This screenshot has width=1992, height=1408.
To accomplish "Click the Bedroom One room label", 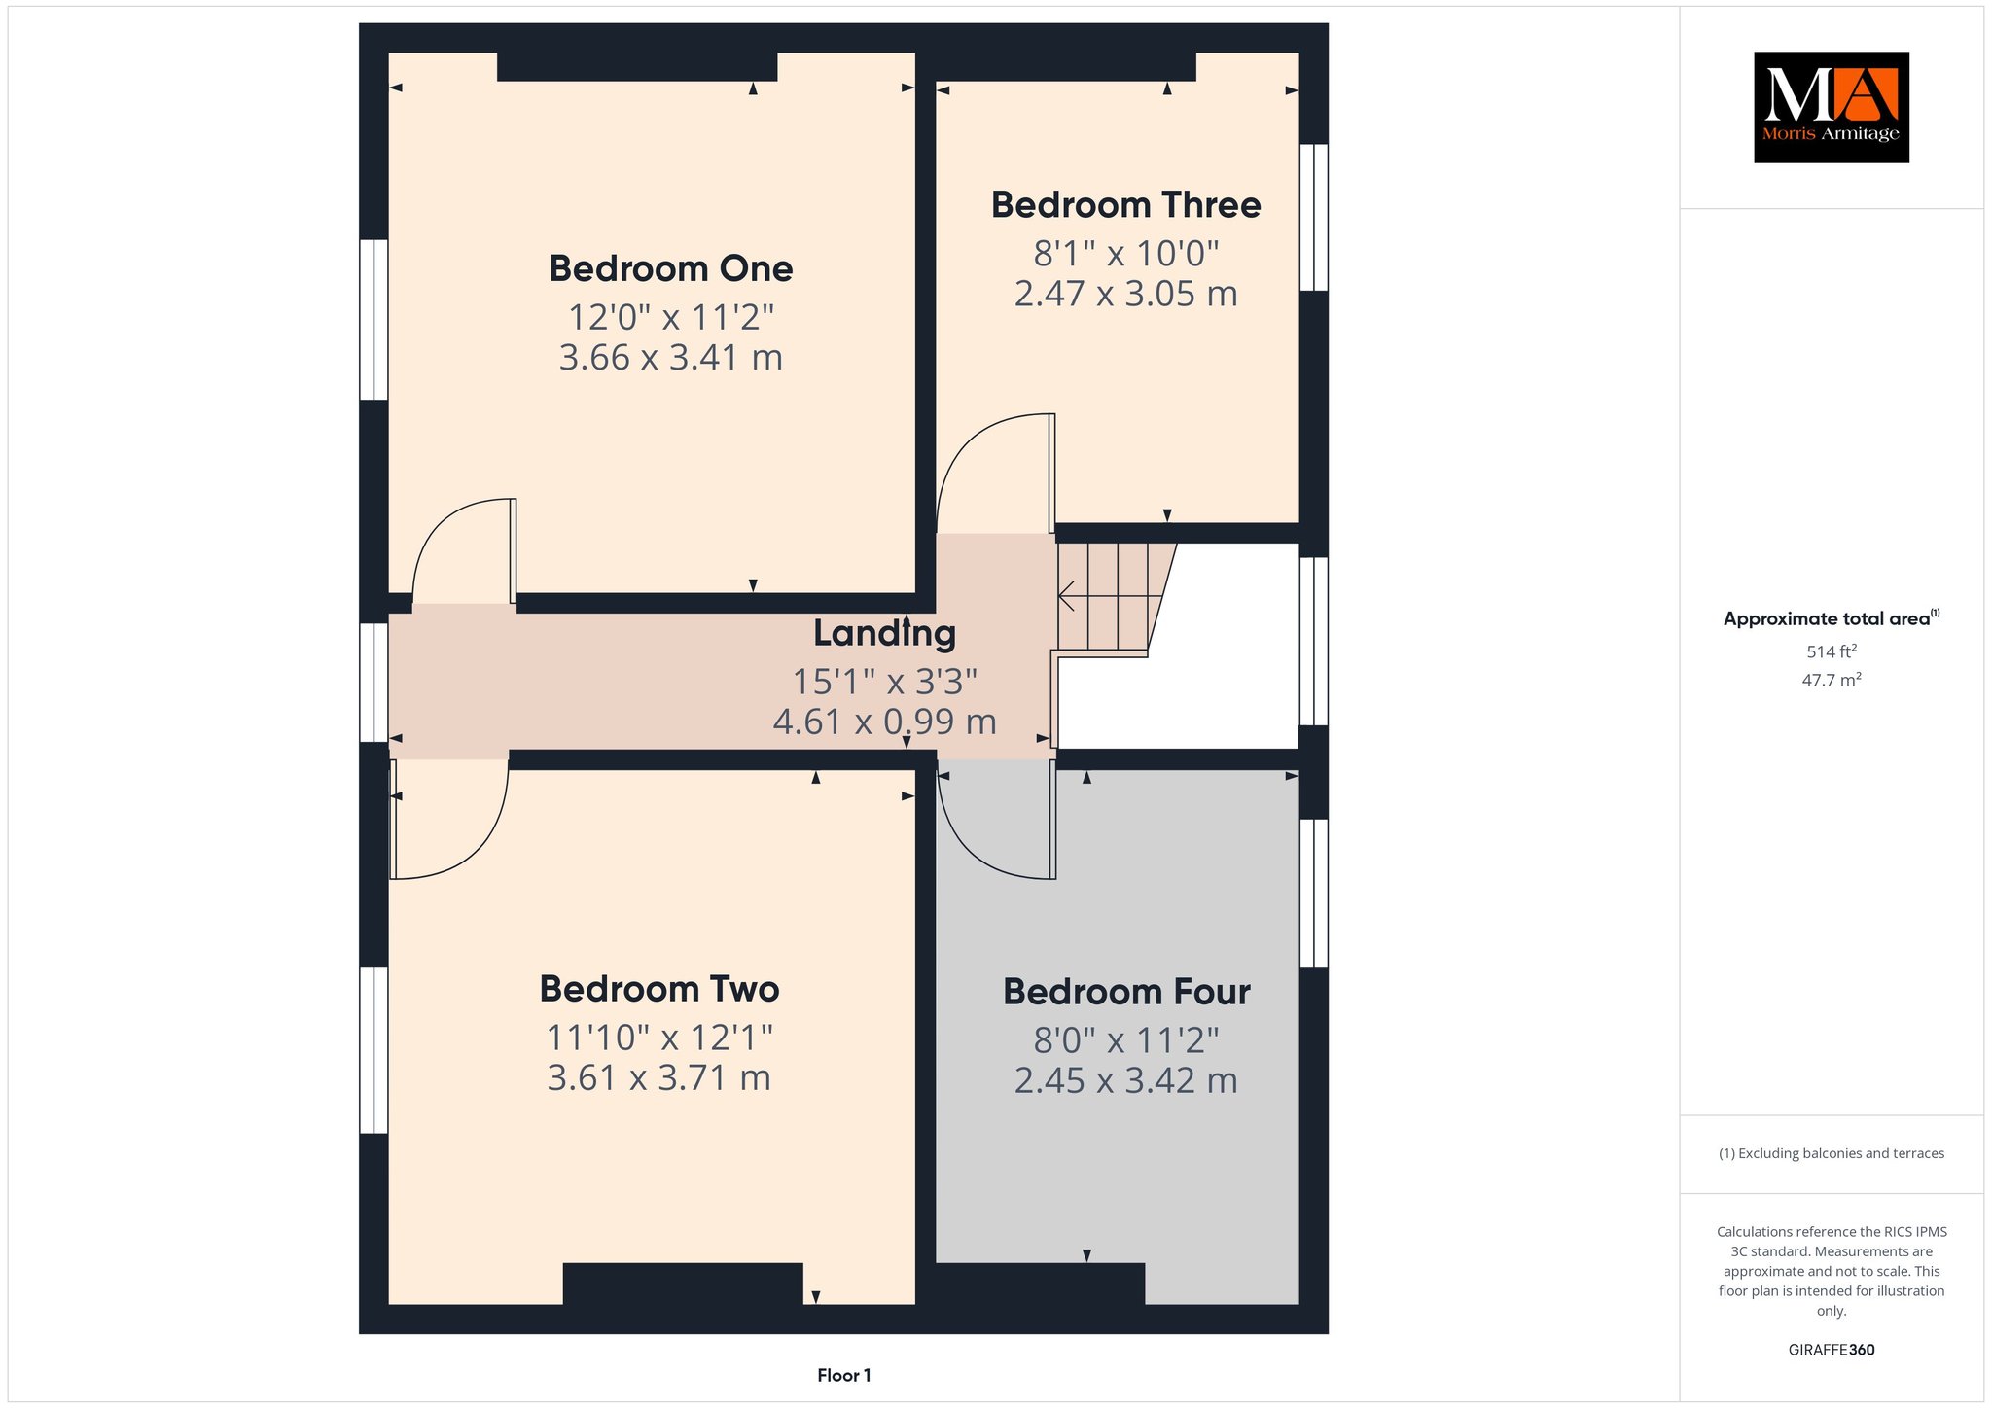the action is pyautogui.click(x=671, y=268).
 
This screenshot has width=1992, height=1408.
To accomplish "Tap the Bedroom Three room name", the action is pyautogui.click(x=1126, y=205).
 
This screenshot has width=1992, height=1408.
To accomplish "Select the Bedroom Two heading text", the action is pyautogui.click(x=659, y=989).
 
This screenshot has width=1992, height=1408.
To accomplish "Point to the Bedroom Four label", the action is pyautogui.click(x=1126, y=992).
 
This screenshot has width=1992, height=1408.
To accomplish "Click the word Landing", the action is pyautogui.click(x=885, y=634).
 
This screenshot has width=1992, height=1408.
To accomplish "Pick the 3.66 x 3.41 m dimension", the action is pyautogui.click(x=671, y=358).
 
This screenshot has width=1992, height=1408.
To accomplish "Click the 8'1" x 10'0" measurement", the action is pyautogui.click(x=1126, y=254).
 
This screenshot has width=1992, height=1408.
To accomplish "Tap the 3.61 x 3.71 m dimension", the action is pyautogui.click(x=659, y=1078).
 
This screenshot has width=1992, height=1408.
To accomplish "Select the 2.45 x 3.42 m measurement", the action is pyautogui.click(x=1126, y=1081).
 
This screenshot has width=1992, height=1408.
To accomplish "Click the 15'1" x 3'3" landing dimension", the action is pyautogui.click(x=885, y=682).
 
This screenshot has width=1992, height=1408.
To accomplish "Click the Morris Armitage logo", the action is pyautogui.click(x=1832, y=107).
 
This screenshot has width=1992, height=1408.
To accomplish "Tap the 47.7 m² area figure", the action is pyautogui.click(x=1832, y=680).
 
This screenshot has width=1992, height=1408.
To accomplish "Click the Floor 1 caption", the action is pyautogui.click(x=844, y=1375).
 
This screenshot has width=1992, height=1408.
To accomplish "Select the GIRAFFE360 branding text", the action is pyautogui.click(x=1832, y=1350).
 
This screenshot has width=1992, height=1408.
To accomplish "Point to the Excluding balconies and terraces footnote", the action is pyautogui.click(x=1832, y=1154).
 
